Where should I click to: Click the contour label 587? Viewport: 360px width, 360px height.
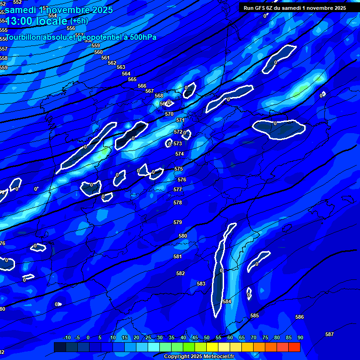click(330, 334)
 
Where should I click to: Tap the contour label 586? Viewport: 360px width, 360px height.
click(300, 317)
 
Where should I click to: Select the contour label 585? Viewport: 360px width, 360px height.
click(255, 316)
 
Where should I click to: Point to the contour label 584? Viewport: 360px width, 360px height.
click(227, 301)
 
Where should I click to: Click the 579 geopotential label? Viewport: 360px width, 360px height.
click(178, 222)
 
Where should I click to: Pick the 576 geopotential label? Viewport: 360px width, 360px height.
click(182, 180)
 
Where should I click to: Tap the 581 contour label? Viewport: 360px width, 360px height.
click(178, 256)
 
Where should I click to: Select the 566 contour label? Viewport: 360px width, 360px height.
click(142, 86)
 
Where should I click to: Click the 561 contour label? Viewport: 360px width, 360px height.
click(105, 58)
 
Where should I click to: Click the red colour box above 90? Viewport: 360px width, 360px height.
click(294, 347)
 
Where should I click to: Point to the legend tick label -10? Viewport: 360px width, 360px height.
click(67, 338)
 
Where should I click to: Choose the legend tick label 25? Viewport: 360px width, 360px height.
click(148, 338)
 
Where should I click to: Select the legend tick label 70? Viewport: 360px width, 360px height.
click(253, 338)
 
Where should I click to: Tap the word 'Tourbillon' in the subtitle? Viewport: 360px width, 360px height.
click(23, 37)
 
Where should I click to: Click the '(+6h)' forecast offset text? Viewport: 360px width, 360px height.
click(79, 21)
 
